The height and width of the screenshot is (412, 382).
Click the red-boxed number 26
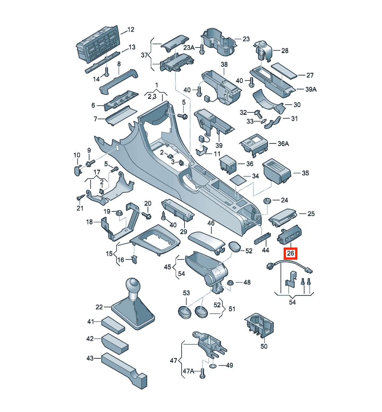(290, 253)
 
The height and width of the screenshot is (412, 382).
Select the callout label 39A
(311, 89)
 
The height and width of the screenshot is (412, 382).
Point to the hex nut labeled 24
(267, 201)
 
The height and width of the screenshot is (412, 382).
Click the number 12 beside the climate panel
(131, 30)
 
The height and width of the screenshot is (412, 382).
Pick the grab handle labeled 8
(119, 82)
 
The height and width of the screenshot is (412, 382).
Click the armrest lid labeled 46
(207, 243)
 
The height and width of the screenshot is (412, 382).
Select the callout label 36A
(283, 144)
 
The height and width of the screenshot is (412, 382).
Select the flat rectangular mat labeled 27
(284, 70)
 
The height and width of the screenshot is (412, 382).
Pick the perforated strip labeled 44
(263, 238)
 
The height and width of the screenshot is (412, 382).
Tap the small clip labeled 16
(134, 259)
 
